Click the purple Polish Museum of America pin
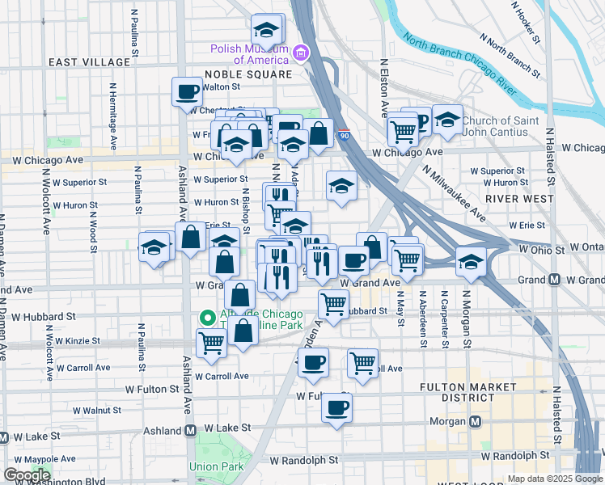coord(301,53)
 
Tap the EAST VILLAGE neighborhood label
coord(89,62)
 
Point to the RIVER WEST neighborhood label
coord(519,198)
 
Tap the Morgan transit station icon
coord(476,421)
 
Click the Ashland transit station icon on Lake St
coord(191,431)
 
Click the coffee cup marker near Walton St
coord(187,91)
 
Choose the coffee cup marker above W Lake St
coord(337,407)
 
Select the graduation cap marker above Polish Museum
coord(265,30)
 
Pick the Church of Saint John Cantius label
coord(499,127)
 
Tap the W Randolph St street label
coord(302,460)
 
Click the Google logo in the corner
coord(27,475)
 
